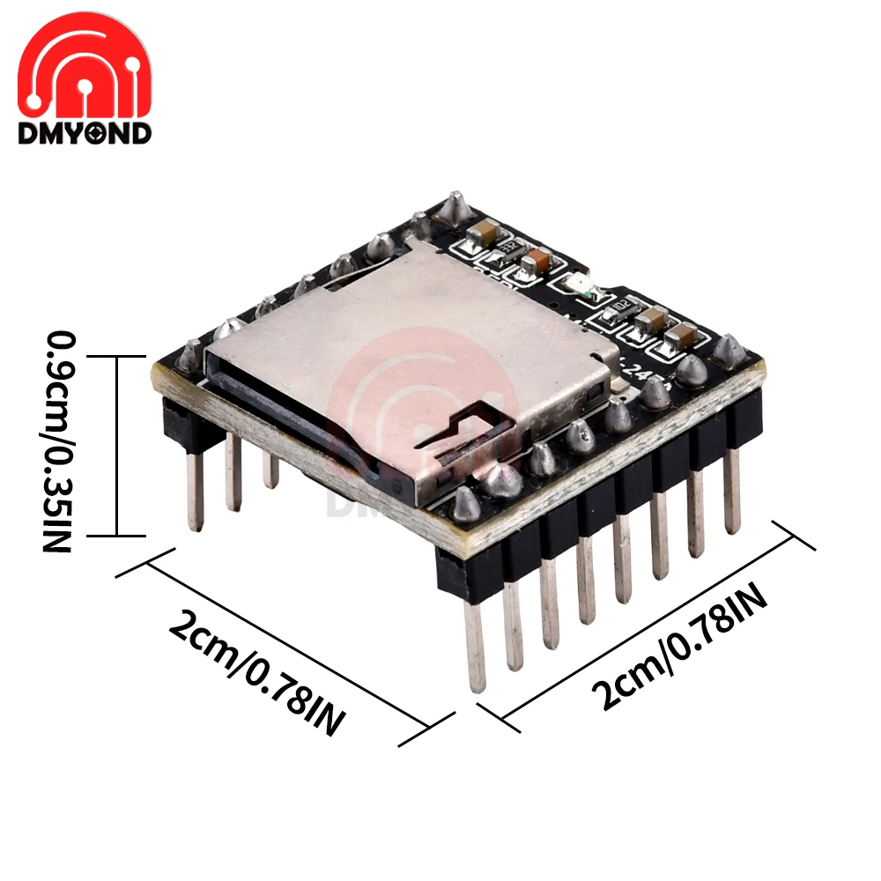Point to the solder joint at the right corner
pyautogui.click(x=730, y=352)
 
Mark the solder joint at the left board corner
pyautogui.click(x=189, y=355)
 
